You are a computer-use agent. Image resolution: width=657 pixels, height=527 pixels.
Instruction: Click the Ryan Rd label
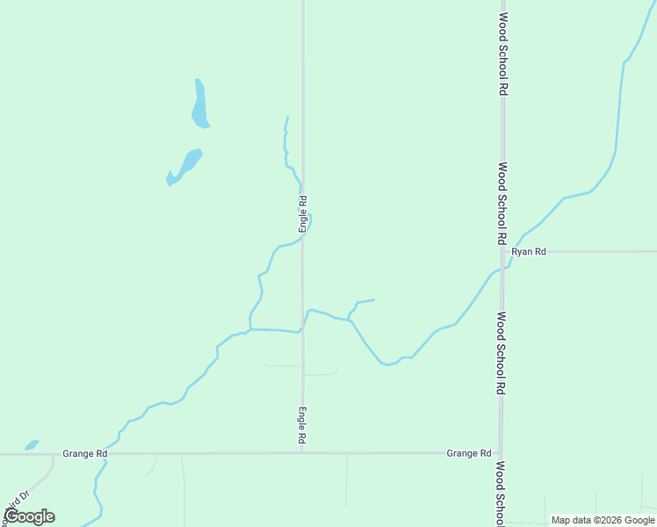click(529, 251)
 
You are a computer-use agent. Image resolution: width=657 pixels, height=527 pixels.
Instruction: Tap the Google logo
click(29, 516)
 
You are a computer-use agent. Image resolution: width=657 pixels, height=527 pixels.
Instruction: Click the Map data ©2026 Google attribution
click(603, 520)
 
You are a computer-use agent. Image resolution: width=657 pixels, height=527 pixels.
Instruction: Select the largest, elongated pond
click(199, 104)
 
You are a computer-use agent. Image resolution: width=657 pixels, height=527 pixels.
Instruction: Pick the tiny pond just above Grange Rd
click(32, 444)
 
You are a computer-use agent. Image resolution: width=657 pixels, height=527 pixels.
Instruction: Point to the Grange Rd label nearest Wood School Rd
click(468, 453)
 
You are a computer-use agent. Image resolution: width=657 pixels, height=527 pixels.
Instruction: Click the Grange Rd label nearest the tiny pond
click(85, 454)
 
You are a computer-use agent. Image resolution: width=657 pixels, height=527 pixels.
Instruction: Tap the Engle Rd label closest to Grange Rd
click(301, 424)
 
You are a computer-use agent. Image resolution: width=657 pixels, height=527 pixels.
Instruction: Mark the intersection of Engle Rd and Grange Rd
click(302, 453)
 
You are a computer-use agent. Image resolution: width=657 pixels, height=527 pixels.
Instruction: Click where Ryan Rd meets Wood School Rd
click(502, 251)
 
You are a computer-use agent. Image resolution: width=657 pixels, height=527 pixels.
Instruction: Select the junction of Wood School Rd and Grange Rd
click(501, 453)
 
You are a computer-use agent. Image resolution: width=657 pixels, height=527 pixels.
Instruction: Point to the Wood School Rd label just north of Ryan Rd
click(502, 202)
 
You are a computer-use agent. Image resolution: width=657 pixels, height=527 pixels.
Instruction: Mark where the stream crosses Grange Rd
click(109, 454)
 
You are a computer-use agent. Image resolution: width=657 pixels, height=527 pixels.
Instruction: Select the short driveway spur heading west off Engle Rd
click(283, 365)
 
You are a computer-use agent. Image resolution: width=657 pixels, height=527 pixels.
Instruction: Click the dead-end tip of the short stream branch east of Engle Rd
click(374, 300)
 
